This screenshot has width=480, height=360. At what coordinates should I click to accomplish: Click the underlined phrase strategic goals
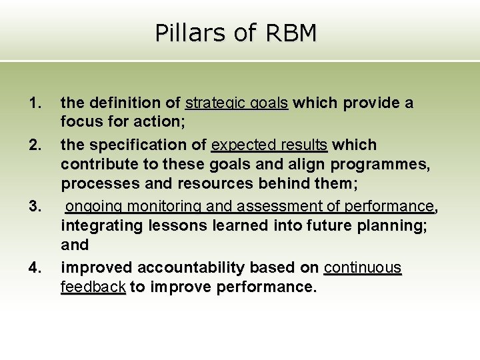pos(237,103)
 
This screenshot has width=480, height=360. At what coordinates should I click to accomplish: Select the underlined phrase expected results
pos(269,145)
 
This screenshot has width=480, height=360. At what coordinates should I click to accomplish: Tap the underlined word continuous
pos(363,268)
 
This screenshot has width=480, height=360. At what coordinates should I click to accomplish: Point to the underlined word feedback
pos(93,288)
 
